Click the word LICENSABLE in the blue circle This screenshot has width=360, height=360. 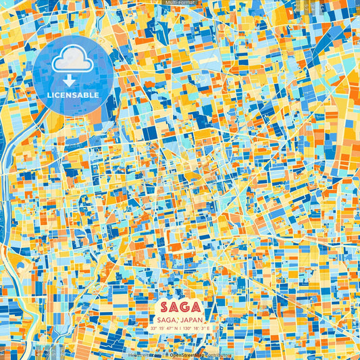[72, 95]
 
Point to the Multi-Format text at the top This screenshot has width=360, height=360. [180, 3]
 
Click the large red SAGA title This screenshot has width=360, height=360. [180, 305]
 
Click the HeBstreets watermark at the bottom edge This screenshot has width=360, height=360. [140, 355]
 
